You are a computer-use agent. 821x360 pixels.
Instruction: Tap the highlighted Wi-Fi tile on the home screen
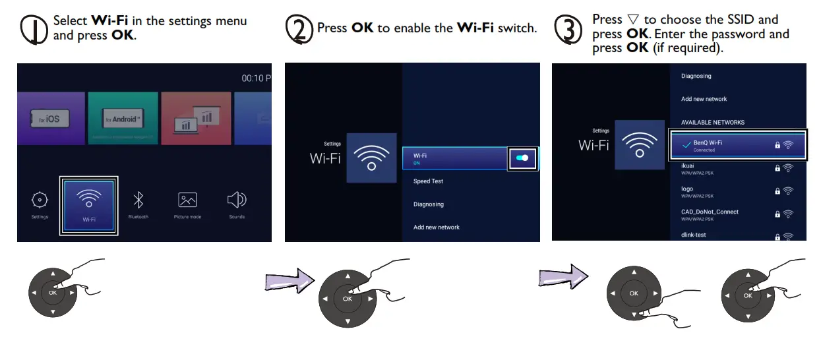pyautogui.click(x=89, y=204)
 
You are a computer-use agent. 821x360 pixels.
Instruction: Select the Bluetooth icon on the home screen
pyautogui.click(x=138, y=201)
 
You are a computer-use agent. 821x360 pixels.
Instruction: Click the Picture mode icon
pyautogui.click(x=187, y=201)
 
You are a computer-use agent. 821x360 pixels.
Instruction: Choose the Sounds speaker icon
pyautogui.click(x=236, y=200)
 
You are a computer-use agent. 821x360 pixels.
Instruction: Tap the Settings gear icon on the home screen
pyautogui.click(x=40, y=200)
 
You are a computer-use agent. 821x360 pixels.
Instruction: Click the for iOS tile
pyautogui.click(x=49, y=119)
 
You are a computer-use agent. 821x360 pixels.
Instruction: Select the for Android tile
pyautogui.click(x=123, y=119)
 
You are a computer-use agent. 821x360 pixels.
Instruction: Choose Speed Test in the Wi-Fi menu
pyautogui.click(x=429, y=181)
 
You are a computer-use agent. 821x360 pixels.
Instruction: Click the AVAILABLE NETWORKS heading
pyautogui.click(x=712, y=122)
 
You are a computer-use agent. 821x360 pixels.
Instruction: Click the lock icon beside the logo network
pyautogui.click(x=777, y=191)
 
